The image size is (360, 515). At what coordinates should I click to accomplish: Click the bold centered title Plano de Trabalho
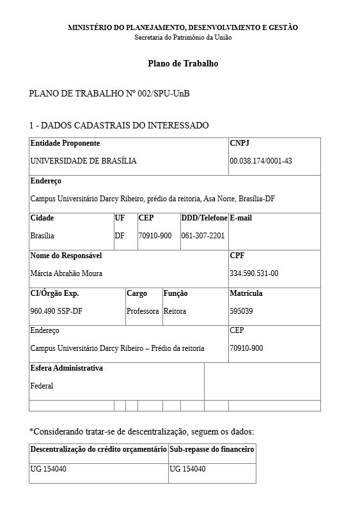point(183,64)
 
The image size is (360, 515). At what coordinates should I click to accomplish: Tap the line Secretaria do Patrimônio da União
point(183,38)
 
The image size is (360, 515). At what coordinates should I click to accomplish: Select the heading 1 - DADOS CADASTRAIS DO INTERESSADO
point(119,125)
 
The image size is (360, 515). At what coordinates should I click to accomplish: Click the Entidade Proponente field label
point(65,143)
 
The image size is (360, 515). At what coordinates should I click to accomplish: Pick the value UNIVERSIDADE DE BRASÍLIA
point(83,161)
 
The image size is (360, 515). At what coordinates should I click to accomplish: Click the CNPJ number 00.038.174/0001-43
point(261,161)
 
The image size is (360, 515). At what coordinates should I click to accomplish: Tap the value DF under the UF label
point(120,236)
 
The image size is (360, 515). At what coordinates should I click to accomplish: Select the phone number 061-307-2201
point(203,236)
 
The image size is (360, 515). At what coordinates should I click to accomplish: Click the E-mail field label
point(241,218)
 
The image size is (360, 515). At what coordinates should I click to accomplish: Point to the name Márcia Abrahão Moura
point(67,273)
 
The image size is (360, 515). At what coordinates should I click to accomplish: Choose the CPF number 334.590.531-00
point(254,273)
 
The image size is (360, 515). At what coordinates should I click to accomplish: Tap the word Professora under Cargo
point(143,311)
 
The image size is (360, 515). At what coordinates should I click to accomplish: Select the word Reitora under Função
point(175,311)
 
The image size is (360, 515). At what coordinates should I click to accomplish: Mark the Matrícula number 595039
point(241,311)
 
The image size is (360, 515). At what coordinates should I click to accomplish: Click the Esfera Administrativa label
point(67,368)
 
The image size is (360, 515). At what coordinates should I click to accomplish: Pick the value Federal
point(42,386)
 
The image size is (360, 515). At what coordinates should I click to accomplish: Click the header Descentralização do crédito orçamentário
point(98,450)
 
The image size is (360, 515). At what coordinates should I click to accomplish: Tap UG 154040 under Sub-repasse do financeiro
point(187,469)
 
